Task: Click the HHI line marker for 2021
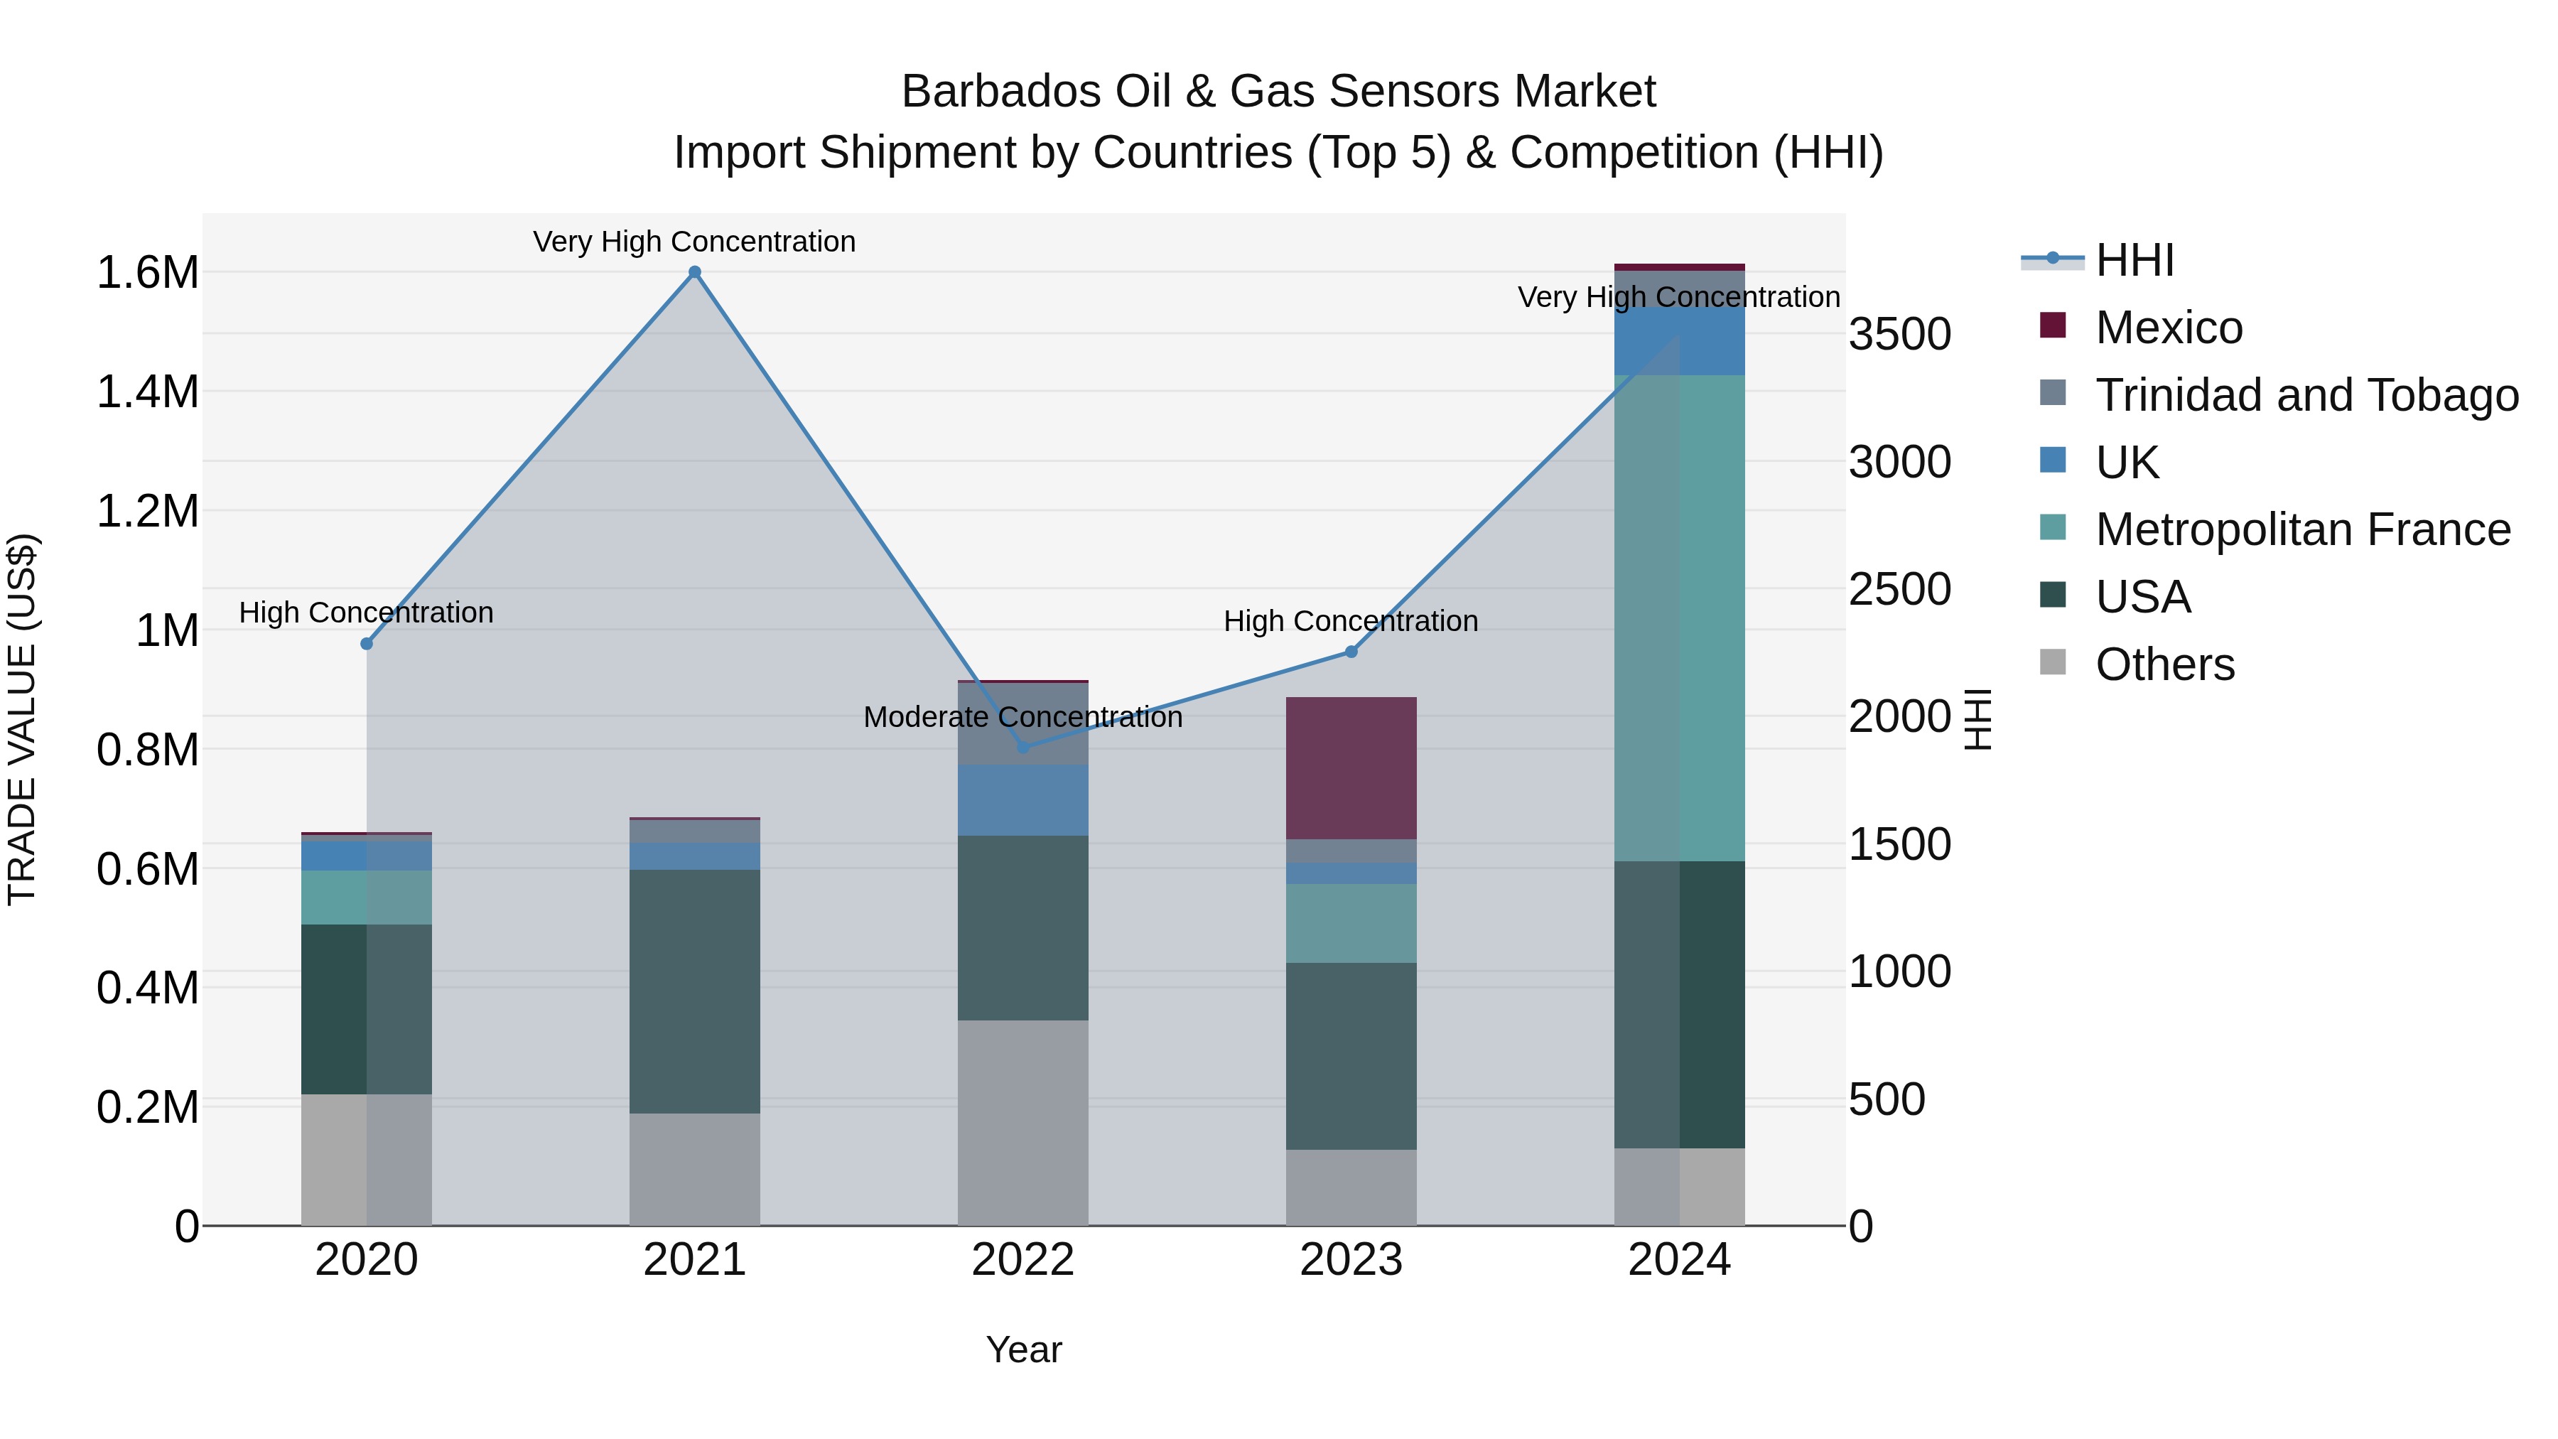pyautogui.click(x=694, y=272)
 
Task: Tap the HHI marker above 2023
pyautogui.click(x=1351, y=652)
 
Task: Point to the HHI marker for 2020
pyautogui.click(x=367, y=644)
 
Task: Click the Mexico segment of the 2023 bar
pyautogui.click(x=1351, y=767)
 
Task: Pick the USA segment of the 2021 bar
pyautogui.click(x=694, y=991)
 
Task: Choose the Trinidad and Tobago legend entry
pyautogui.click(x=2306, y=395)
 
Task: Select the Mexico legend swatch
pyautogui.click(x=2053, y=325)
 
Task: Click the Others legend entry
pyautogui.click(x=2165, y=664)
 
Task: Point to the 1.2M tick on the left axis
pyautogui.click(x=147, y=512)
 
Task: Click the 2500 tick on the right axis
pyautogui.click(x=1899, y=589)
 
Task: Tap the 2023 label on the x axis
pyautogui.click(x=1351, y=1260)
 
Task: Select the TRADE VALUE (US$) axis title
pyautogui.click(x=22, y=719)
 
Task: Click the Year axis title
pyautogui.click(x=1024, y=1349)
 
